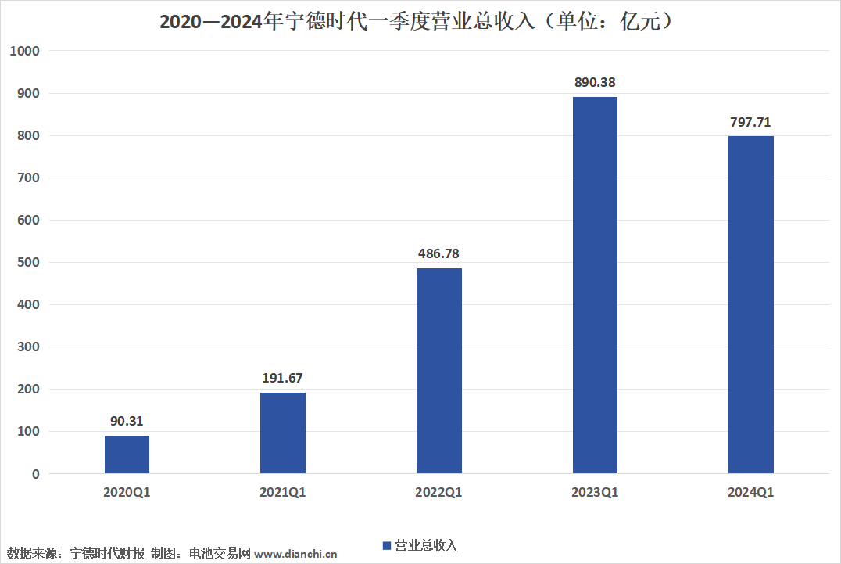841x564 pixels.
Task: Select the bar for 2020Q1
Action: coord(127,454)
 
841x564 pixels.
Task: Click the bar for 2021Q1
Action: coord(283,433)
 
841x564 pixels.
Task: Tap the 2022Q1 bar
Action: coord(438,371)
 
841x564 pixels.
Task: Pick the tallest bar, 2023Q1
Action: coord(595,285)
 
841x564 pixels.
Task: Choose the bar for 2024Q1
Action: coord(751,305)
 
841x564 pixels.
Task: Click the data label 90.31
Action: coord(127,422)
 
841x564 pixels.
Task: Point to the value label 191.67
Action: coord(283,379)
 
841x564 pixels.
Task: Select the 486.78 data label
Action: coord(438,253)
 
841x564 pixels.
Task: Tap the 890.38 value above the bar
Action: coord(595,83)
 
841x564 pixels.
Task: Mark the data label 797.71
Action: coord(751,122)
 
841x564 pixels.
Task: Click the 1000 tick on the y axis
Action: coord(25,51)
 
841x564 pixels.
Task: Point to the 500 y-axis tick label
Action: coord(28,262)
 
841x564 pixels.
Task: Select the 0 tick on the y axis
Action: coord(36,474)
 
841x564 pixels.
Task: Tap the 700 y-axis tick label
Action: coord(28,178)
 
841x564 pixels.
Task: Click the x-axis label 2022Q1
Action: coord(438,493)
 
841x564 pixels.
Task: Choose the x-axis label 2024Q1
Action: coord(751,493)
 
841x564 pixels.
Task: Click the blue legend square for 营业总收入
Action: coord(387,546)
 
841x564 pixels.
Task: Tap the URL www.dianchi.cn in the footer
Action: coord(295,554)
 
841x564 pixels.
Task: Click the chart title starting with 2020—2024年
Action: coord(417,21)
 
